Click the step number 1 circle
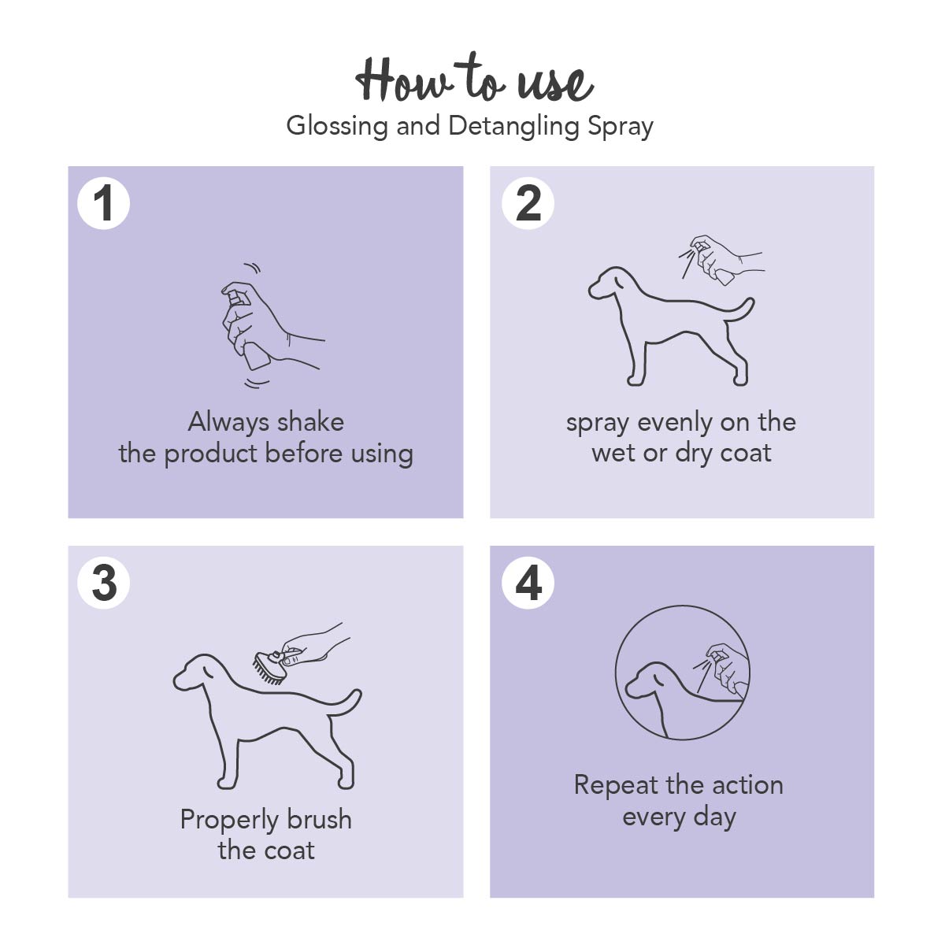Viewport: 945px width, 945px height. point(103,203)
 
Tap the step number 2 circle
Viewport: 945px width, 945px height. point(528,203)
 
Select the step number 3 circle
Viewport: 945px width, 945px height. point(103,583)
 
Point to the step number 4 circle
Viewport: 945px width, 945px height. point(528,583)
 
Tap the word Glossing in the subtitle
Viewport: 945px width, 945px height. point(336,127)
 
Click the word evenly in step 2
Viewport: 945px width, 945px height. point(675,423)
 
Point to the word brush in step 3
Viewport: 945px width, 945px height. point(319,820)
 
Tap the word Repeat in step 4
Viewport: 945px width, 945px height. point(615,786)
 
